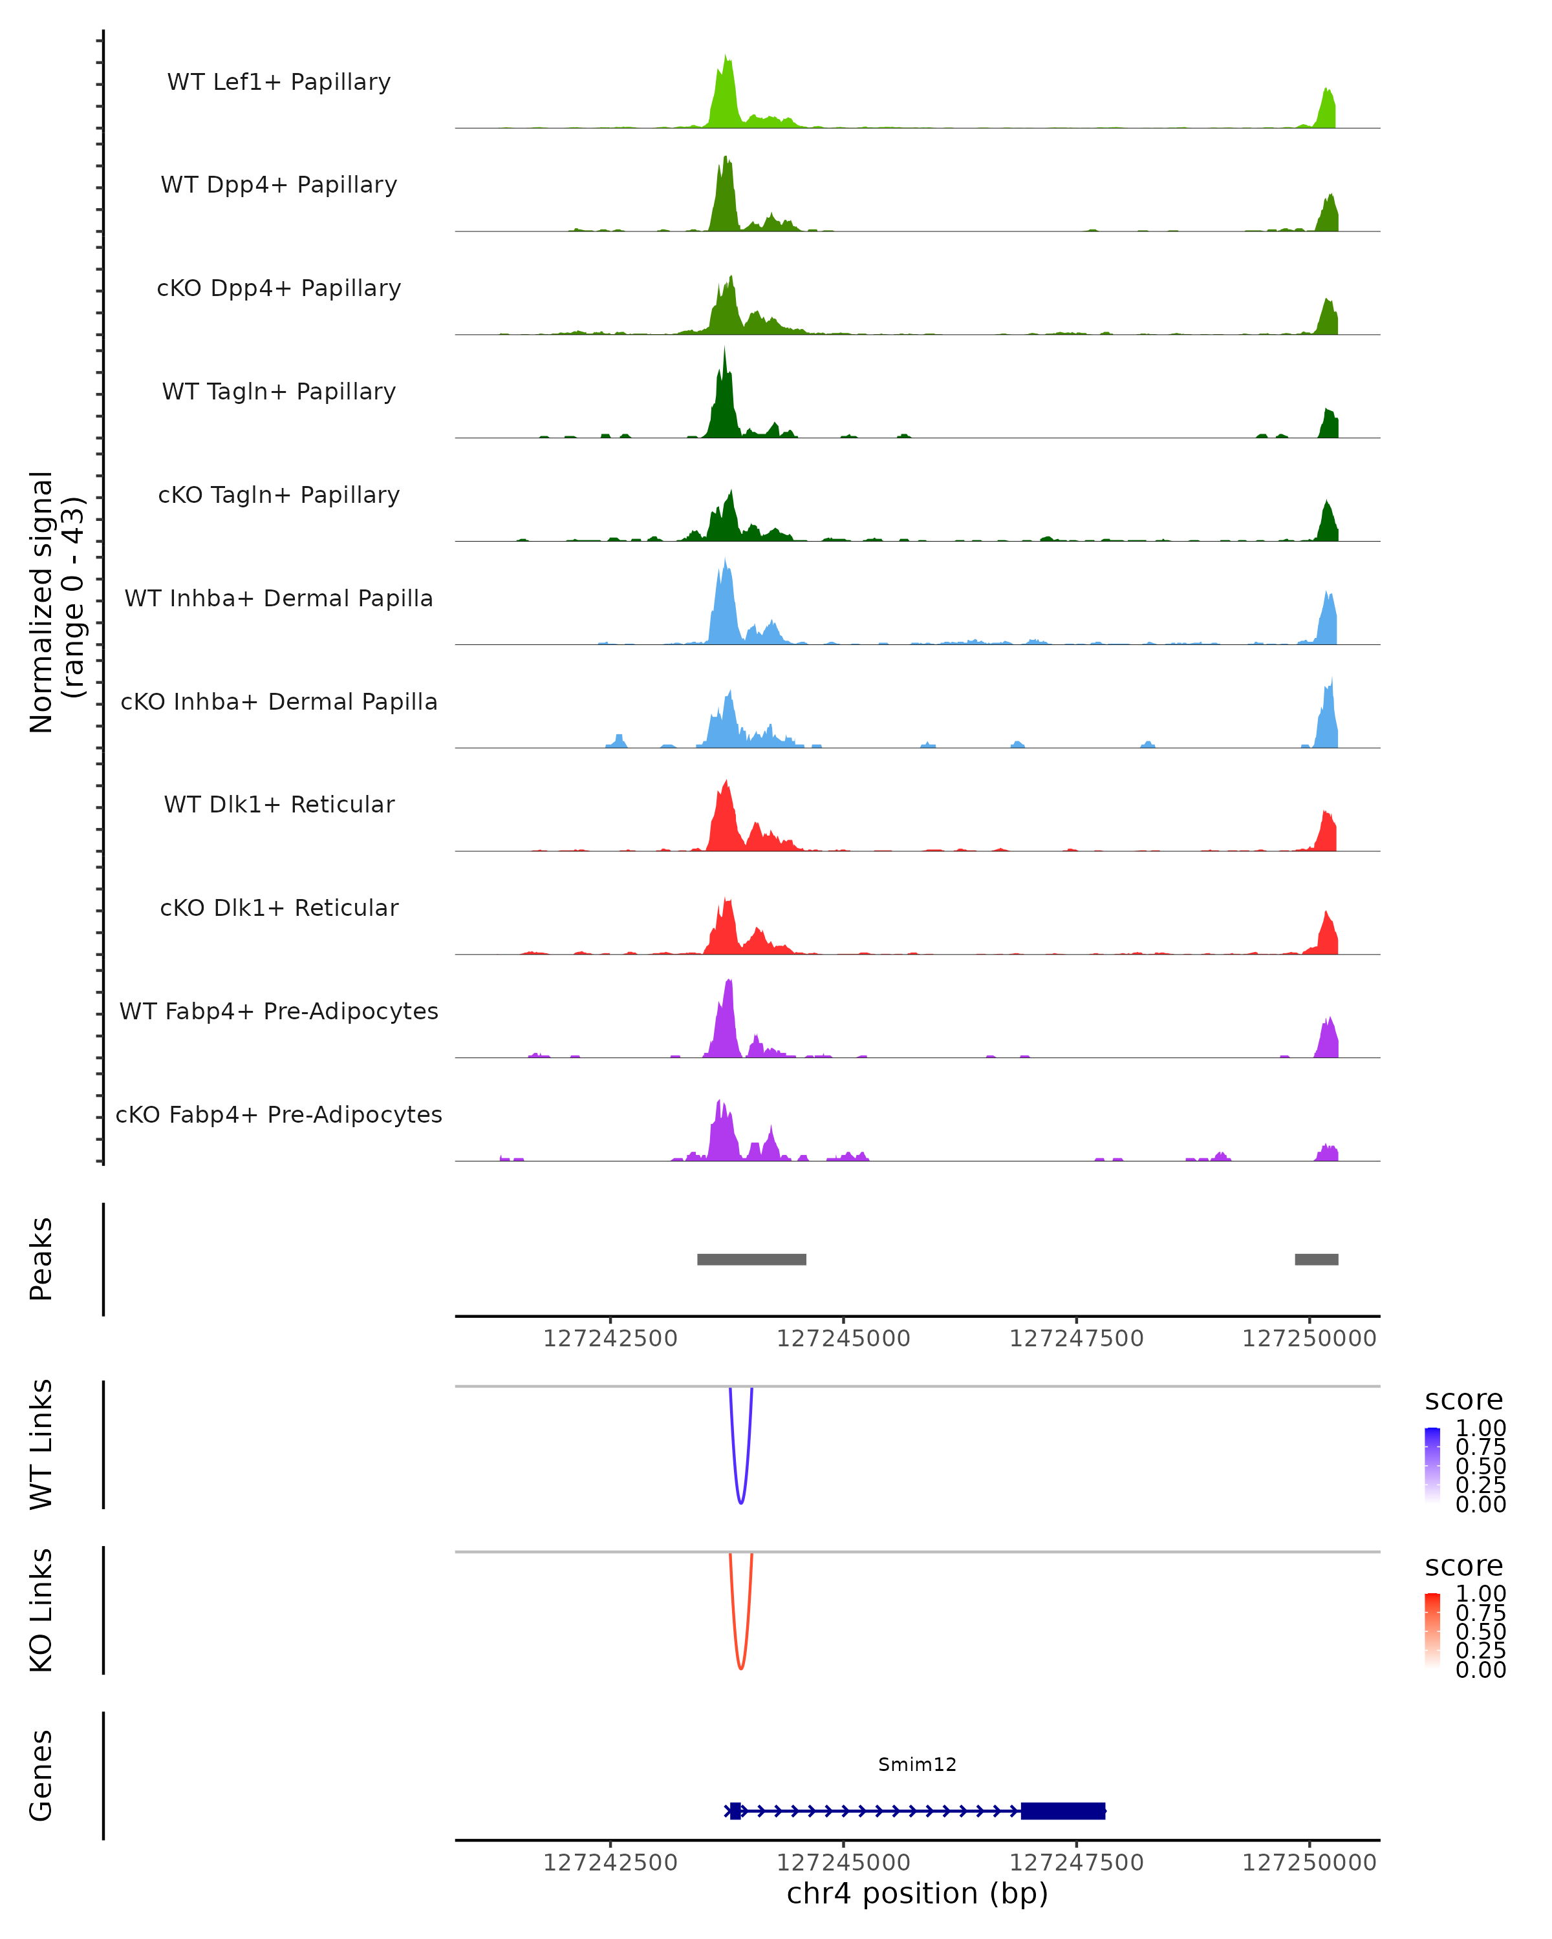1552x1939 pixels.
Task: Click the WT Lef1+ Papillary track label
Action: [279, 82]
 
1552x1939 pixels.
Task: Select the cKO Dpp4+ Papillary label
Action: [279, 289]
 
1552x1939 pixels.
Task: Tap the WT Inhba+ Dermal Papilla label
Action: [279, 599]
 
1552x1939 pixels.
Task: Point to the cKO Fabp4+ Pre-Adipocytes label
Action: [279, 1115]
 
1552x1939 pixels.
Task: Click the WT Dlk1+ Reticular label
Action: [279, 805]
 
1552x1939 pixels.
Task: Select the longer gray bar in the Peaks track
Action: [751, 1259]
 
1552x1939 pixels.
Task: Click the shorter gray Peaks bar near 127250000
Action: [1316, 1259]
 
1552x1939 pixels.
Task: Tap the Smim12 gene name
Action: [917, 1764]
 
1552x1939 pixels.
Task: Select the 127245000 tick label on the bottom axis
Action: [843, 1863]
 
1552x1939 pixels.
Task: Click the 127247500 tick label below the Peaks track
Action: [1076, 1339]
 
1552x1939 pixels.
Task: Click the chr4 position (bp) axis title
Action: [917, 1894]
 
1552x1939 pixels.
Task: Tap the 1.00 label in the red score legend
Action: [1481, 1594]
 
